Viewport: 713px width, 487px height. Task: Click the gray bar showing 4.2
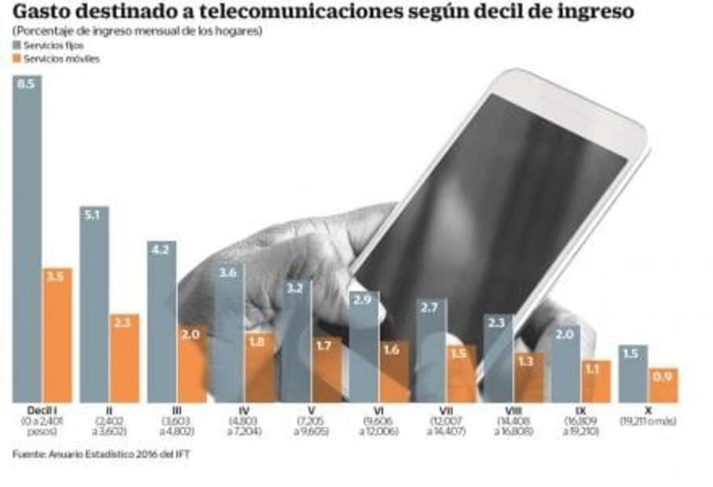161,322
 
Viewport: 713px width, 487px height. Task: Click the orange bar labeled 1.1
596,382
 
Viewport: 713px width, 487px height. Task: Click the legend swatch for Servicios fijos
17,46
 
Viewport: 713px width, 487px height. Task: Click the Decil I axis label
42,411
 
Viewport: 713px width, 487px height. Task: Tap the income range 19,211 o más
648,422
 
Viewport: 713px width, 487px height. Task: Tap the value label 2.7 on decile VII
431,309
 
